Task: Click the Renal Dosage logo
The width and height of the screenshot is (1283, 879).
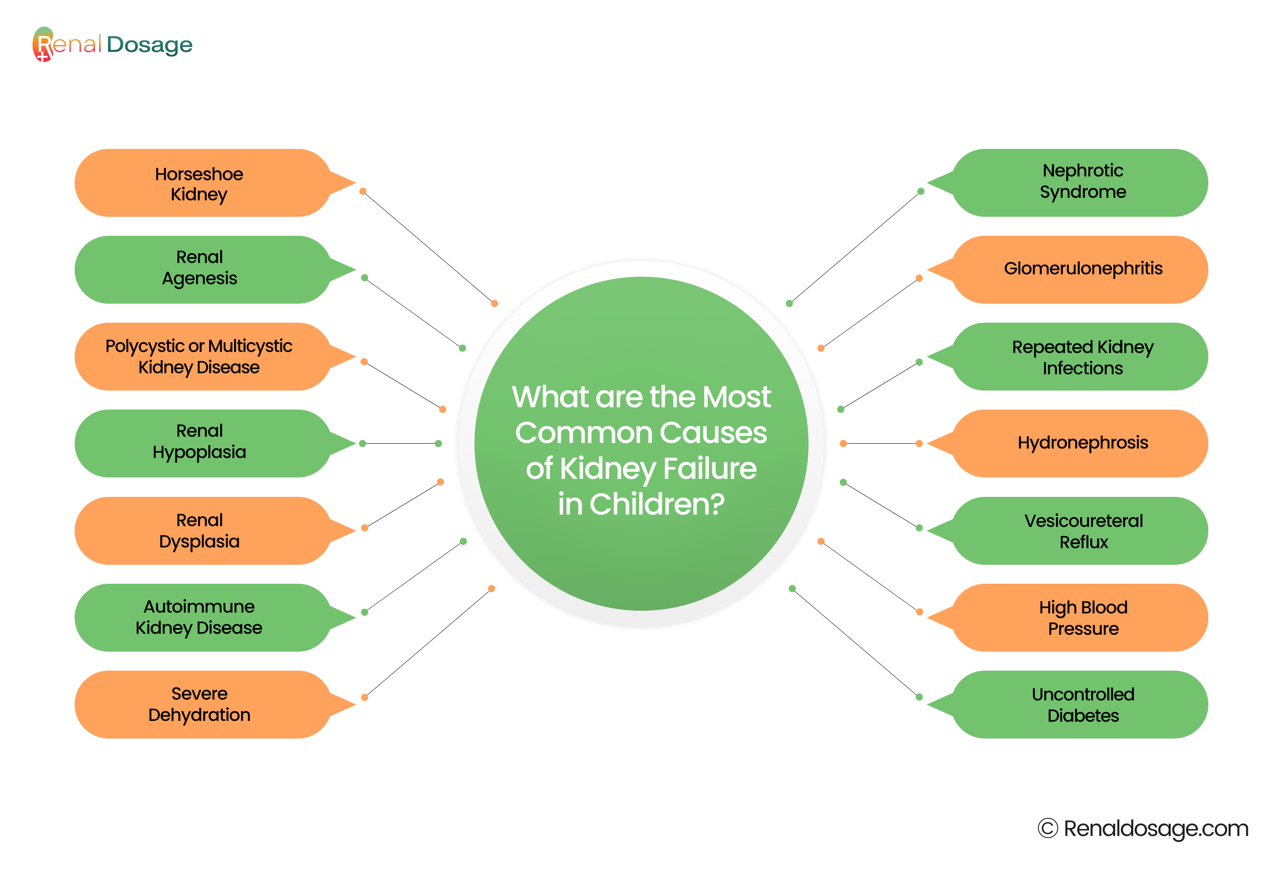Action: (112, 44)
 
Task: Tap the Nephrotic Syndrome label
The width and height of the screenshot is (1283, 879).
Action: (1083, 181)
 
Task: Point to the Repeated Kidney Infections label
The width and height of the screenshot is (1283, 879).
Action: (1083, 357)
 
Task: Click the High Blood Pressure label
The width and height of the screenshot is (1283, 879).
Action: (1083, 618)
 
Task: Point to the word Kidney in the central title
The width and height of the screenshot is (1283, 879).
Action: (607, 469)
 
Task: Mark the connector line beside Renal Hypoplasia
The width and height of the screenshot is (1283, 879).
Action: (400, 443)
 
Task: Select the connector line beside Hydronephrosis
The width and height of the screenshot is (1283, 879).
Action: (881, 443)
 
